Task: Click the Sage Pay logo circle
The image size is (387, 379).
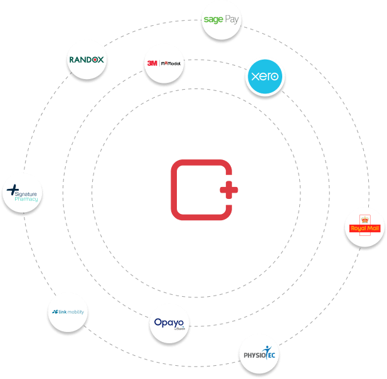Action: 221,20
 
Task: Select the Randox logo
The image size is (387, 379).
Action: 87,61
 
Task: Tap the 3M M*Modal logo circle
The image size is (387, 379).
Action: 163,63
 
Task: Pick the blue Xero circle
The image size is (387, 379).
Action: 265,77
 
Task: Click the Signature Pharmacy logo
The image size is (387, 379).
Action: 23,193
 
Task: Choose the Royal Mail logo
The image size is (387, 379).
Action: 364,227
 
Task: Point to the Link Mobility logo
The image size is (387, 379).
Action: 67,312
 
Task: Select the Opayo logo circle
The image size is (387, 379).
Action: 169,324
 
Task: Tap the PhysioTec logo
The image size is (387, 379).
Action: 259,354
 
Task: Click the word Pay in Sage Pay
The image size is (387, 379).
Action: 232,19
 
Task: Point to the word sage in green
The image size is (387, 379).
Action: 214,20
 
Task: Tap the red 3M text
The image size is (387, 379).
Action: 152,63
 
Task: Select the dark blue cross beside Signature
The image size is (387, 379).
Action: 13,188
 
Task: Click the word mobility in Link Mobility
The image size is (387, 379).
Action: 73,312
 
